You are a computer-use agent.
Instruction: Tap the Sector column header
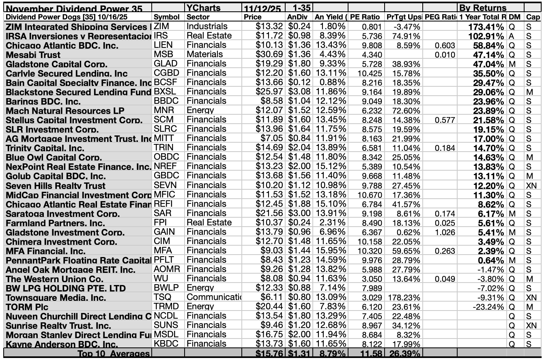198,17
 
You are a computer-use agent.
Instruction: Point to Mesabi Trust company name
33,55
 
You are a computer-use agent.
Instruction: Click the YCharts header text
203,8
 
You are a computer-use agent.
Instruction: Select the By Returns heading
482,8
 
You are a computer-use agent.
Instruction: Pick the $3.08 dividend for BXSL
299,92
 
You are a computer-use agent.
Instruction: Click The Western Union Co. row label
54,279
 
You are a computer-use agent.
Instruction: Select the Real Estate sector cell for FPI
209,223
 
